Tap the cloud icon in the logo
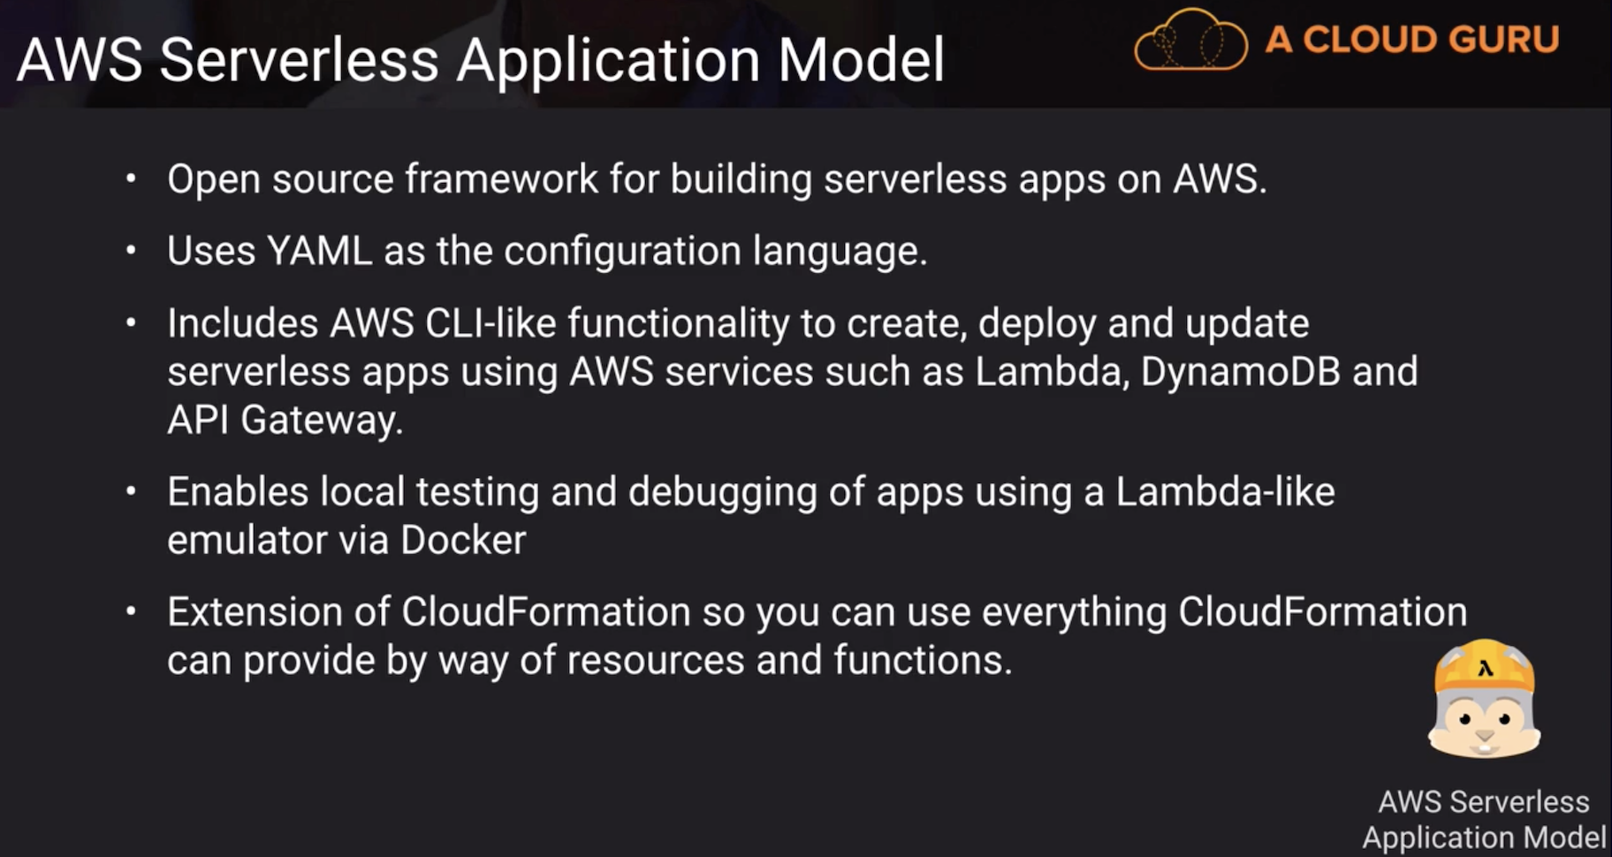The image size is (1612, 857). pos(1190,40)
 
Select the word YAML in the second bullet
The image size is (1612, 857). pos(319,251)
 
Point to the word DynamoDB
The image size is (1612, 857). pos(1241,371)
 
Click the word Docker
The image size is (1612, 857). pos(463,540)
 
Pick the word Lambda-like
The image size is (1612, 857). pos(1225,491)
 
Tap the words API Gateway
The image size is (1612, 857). pos(285,420)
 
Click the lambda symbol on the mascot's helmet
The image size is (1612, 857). pos(1485,669)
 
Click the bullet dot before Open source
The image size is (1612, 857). pos(131,178)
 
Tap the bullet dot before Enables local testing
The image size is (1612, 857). pos(131,491)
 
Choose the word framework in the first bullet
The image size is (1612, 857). pos(502,178)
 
